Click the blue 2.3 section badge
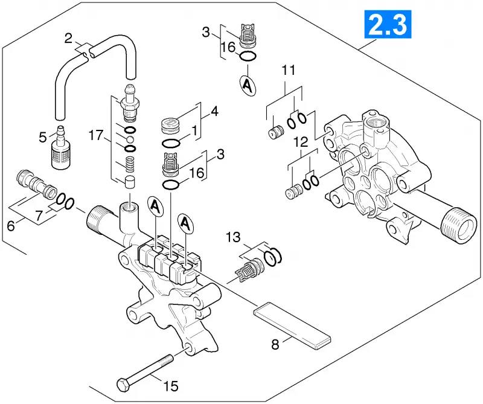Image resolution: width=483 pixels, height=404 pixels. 388,24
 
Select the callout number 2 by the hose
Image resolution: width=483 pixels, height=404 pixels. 68,38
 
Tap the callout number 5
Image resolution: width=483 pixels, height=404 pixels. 43,138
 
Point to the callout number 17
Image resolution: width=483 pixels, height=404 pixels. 96,135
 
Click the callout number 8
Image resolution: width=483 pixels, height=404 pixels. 275,344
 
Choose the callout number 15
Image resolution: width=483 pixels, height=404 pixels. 171,386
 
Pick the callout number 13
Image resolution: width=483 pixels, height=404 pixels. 233,237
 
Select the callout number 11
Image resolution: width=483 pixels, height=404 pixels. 289,70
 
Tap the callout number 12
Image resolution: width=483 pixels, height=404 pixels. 301,142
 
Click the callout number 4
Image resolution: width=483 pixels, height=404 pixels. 214,111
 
